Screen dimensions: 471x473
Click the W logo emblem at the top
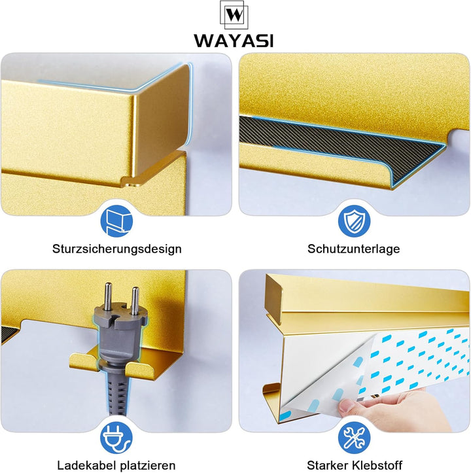(x=234, y=14)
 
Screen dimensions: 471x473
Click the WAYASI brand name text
(x=234, y=41)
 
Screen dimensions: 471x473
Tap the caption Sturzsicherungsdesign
(x=117, y=249)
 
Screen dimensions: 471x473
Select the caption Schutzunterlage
(x=354, y=249)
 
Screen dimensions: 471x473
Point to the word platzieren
(x=148, y=466)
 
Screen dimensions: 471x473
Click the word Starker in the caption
(x=327, y=465)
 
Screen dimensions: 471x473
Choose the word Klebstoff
(x=377, y=465)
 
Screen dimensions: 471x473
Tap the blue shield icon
(x=354, y=221)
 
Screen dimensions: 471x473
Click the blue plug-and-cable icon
(x=116, y=438)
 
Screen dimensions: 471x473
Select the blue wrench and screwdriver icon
(x=354, y=438)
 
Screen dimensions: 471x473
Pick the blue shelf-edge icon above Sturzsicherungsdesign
(x=116, y=221)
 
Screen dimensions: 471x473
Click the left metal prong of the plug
(x=108, y=296)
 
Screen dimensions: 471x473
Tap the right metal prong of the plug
(x=135, y=300)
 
